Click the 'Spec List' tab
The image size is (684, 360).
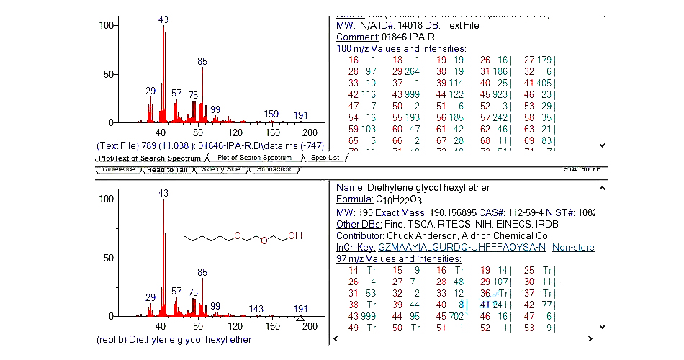tap(325, 158)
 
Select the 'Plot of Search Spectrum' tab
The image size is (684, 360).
tap(254, 158)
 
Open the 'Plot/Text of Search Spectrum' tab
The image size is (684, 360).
tap(150, 158)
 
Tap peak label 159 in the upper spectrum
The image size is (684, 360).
tap(271, 114)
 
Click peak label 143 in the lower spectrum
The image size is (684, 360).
tap(256, 309)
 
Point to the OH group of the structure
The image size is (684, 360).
tap(296, 235)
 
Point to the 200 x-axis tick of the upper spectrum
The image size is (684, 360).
tap(309, 133)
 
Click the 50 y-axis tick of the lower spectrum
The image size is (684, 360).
tap(109, 257)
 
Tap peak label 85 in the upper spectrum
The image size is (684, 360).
tap(202, 61)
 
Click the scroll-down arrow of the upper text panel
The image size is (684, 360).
tap(602, 145)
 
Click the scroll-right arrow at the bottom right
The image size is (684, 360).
tap(590, 338)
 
